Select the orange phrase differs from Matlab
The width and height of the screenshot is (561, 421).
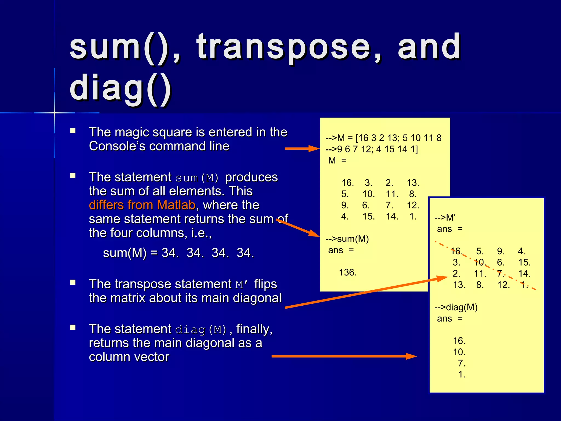142,205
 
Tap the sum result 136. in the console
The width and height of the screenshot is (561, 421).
348,272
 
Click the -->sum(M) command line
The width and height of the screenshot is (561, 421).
347,239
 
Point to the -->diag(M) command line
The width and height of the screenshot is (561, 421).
456,307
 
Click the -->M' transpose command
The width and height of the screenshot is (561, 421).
445,218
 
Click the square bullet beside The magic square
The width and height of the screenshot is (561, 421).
73,131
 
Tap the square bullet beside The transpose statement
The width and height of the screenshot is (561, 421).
73,283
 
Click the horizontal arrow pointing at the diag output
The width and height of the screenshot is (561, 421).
344,356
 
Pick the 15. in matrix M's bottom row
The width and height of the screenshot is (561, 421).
368,217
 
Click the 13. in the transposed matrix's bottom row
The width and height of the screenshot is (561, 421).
459,285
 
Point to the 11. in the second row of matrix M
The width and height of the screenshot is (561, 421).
392,194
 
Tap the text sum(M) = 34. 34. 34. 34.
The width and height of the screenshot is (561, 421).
178,253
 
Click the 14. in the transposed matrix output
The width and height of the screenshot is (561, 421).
524,274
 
